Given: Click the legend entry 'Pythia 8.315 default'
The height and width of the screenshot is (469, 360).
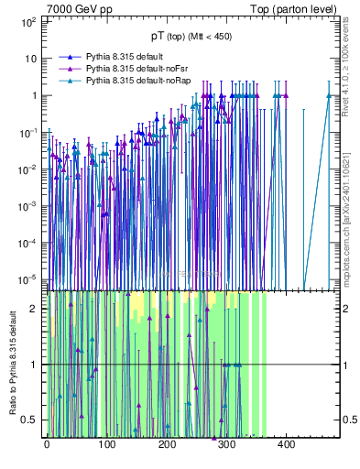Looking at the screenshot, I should click(124, 57).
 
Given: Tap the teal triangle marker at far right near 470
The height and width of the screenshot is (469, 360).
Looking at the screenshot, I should click(328, 95).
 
